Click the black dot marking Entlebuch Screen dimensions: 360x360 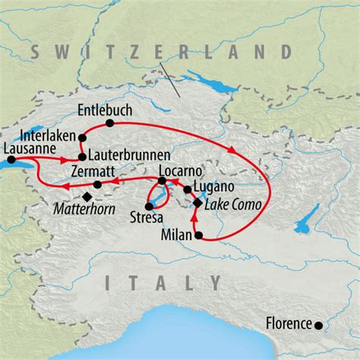click(x=110, y=123)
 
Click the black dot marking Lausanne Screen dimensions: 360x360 click(x=11, y=159)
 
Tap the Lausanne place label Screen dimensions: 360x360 click(x=28, y=148)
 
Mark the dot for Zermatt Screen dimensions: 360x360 click(x=97, y=185)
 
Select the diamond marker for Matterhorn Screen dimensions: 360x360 click(x=87, y=197)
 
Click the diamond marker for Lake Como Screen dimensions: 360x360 click(x=197, y=203)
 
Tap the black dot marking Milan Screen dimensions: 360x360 click(x=200, y=236)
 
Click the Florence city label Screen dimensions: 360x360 click(x=289, y=324)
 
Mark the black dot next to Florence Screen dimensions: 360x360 click(x=318, y=326)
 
